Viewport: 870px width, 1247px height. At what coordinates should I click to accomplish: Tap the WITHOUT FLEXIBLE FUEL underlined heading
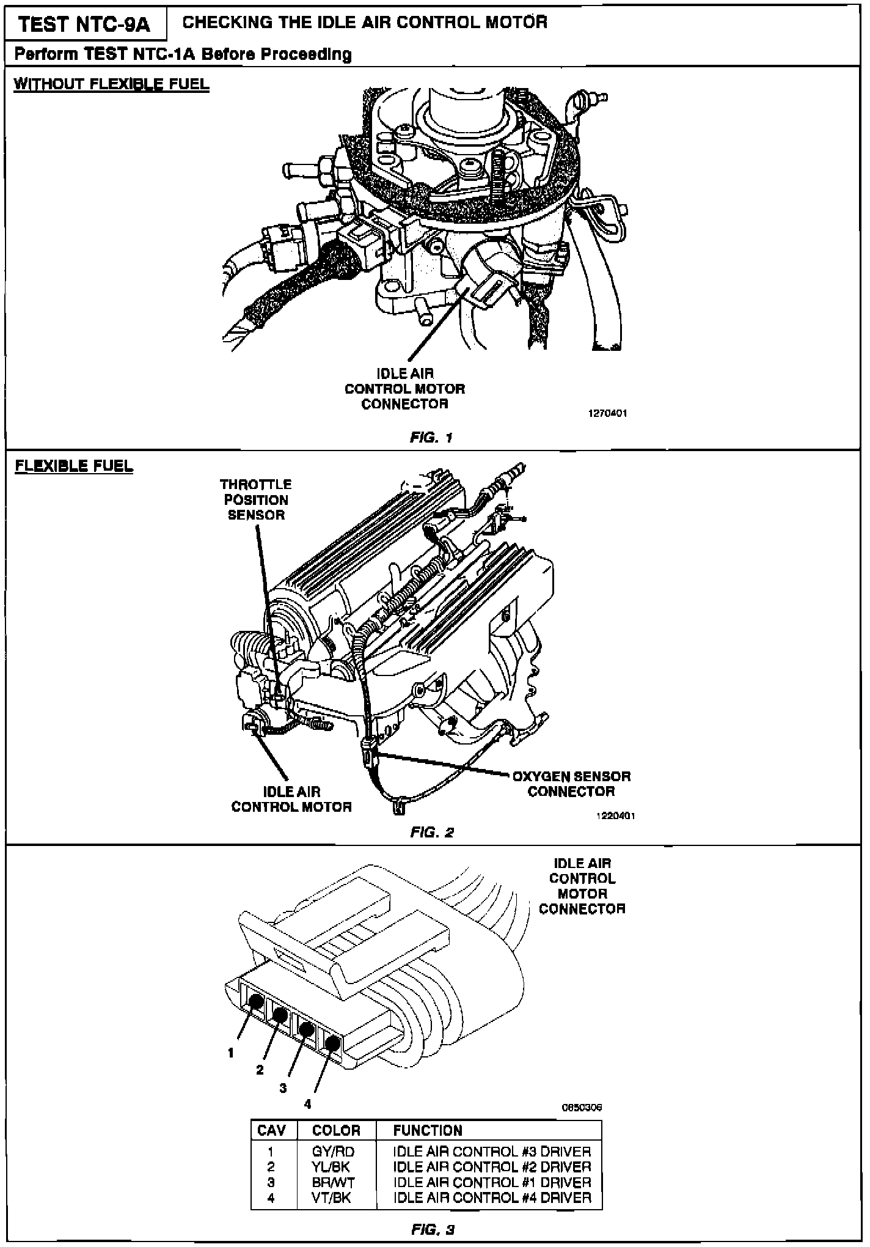111,84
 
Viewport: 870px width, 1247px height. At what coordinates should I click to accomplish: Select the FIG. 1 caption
431,438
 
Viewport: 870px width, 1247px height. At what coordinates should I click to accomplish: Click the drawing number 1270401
607,413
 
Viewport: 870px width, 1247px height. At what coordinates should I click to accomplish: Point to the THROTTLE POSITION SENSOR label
256,499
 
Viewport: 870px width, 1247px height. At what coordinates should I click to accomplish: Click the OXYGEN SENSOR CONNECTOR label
571,784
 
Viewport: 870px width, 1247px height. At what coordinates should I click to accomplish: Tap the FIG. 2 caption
432,832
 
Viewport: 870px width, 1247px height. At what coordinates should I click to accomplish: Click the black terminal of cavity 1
257,1002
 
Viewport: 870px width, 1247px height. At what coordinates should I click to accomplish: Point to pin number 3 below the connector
283,1088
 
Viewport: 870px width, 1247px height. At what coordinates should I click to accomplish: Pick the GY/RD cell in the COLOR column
333,1152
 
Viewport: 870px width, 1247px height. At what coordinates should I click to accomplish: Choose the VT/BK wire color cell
333,1197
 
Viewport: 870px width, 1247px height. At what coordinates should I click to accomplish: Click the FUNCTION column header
428,1130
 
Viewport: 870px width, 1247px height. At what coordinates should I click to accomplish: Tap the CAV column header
272,1130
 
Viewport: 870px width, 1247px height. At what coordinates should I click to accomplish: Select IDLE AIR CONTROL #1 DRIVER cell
492,1182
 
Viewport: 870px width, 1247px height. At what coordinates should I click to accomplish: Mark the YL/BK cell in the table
333,1167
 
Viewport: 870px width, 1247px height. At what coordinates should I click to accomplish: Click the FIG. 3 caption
432,1229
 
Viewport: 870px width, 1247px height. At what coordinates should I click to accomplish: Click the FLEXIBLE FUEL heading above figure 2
74,466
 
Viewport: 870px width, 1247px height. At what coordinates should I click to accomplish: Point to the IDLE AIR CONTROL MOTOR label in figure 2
291,799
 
